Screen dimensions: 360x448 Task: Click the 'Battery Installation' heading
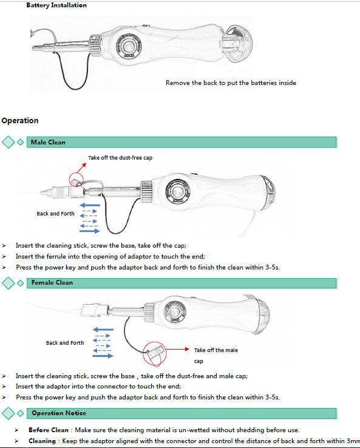(56, 5)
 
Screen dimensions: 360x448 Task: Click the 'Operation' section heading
(20, 121)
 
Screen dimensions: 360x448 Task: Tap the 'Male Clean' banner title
(48, 142)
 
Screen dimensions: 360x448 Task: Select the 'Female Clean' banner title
(52, 282)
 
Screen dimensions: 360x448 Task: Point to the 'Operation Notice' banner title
(59, 413)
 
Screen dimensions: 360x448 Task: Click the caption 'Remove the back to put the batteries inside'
(231, 83)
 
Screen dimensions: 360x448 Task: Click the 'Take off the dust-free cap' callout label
(120, 158)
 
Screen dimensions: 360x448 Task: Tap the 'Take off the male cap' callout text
(216, 356)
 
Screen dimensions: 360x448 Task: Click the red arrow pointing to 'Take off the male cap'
(177, 349)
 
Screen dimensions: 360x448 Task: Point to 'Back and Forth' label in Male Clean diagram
(55, 214)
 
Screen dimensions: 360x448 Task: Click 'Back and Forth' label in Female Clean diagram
(65, 343)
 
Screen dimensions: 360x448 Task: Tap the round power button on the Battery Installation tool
(129, 46)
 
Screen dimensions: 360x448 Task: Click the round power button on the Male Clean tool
(177, 192)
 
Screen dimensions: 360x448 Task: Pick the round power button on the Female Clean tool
(175, 312)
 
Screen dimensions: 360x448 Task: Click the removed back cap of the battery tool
(238, 43)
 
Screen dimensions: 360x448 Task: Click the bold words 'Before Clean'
(49, 430)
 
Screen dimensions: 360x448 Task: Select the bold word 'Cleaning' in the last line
(42, 441)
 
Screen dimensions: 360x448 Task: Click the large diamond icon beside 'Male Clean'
(8, 142)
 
